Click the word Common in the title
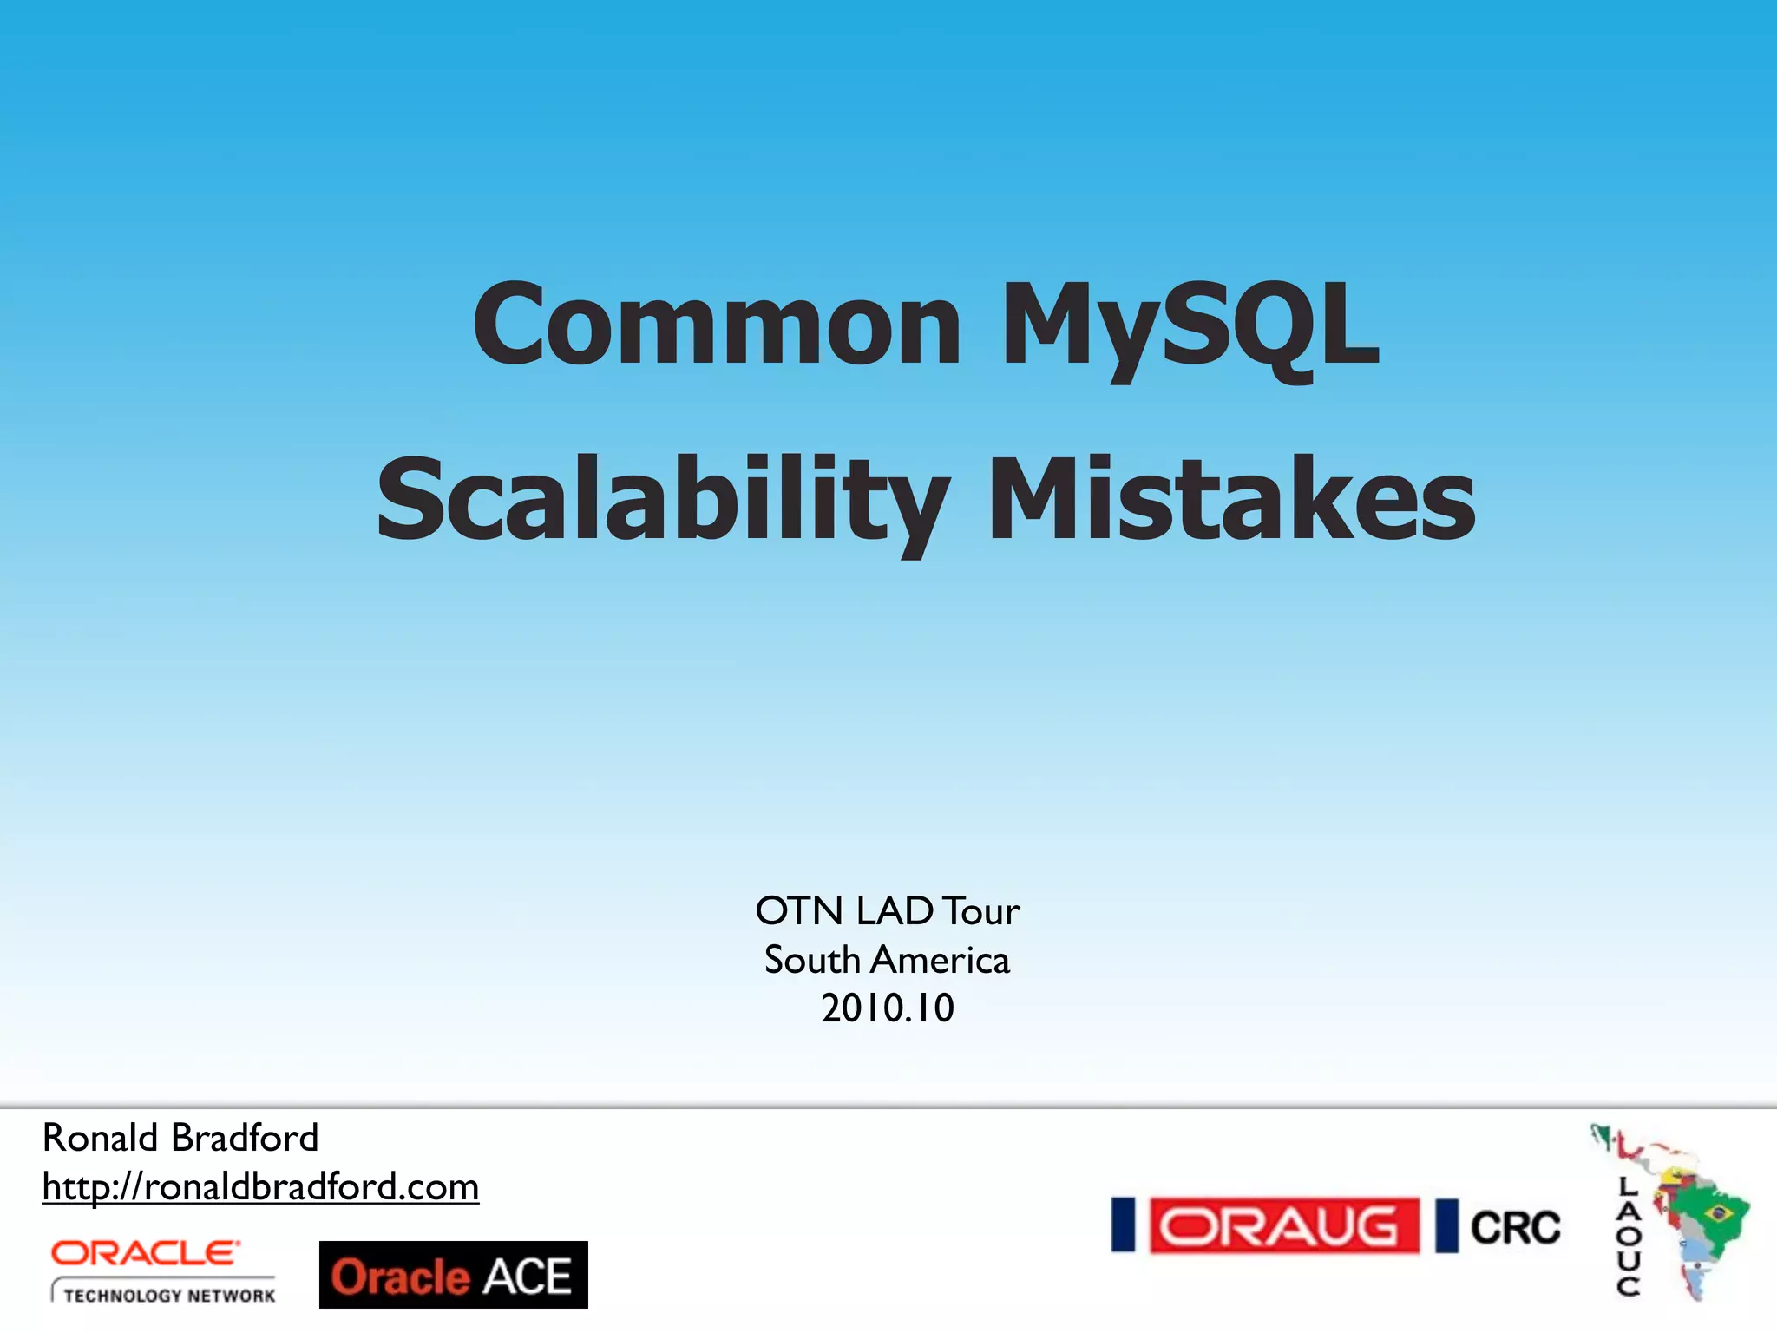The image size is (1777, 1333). point(717,325)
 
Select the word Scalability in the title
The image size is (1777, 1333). point(663,502)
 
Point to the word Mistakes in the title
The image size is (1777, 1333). point(1231,502)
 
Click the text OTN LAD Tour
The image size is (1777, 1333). point(887,911)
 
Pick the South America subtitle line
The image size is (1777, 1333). point(887,960)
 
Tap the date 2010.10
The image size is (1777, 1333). point(887,1008)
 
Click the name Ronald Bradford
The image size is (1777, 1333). point(180,1138)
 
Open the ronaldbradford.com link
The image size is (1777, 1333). point(260,1186)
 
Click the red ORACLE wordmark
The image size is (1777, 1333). point(145,1253)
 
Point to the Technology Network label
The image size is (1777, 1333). point(168,1295)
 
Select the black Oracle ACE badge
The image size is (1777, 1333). point(453,1275)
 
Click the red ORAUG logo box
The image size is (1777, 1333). point(1284,1226)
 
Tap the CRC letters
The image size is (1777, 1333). point(1515,1227)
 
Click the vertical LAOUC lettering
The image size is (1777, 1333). point(1629,1237)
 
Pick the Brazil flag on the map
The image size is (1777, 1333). point(1717,1212)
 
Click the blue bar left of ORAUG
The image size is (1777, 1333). point(1124,1225)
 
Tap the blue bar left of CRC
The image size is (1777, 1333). point(1446,1226)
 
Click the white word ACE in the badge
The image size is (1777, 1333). point(527,1277)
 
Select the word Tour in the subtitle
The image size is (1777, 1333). point(980,911)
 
